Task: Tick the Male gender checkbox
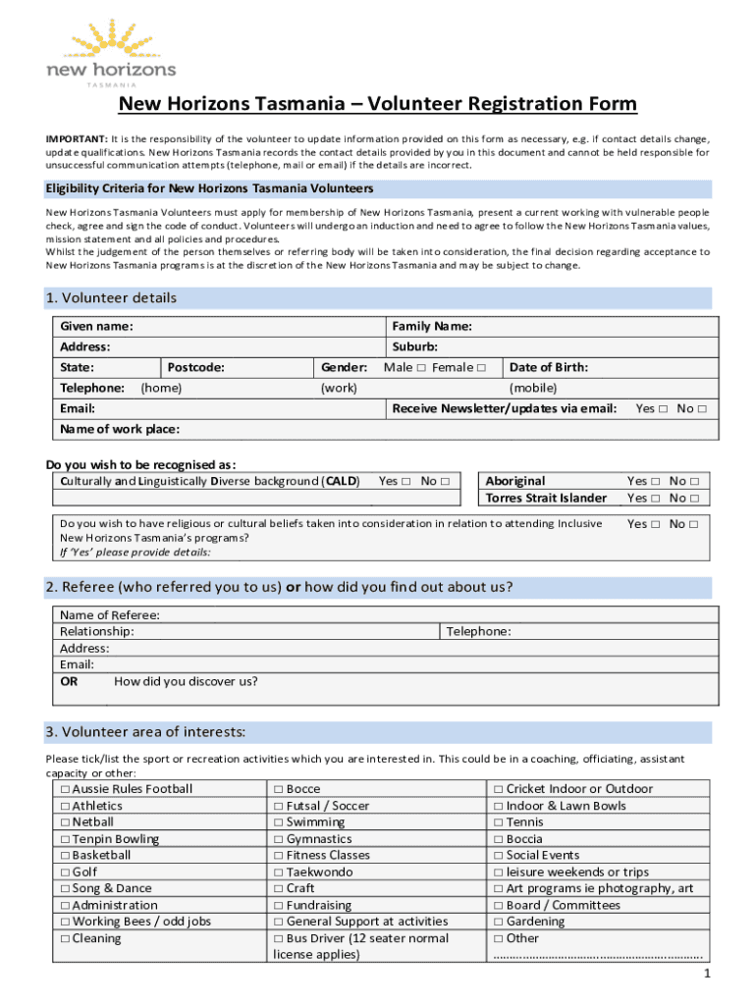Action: pyautogui.click(x=420, y=368)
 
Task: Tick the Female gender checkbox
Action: pyautogui.click(x=481, y=368)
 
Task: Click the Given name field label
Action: pyautogui.click(x=96, y=326)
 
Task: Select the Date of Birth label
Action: pyautogui.click(x=549, y=367)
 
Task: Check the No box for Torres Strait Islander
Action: pyautogui.click(x=693, y=498)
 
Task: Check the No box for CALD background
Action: pyautogui.click(x=445, y=481)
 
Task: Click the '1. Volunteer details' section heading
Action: pyautogui.click(x=111, y=298)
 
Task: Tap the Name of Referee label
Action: pyautogui.click(x=110, y=615)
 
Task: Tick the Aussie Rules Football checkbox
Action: pyautogui.click(x=65, y=789)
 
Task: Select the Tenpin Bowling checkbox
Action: pyautogui.click(x=65, y=839)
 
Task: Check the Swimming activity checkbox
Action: pyautogui.click(x=279, y=822)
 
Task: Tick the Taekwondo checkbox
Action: pyautogui.click(x=279, y=873)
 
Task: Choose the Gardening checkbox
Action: pyautogui.click(x=499, y=922)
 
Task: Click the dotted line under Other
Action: pyautogui.click(x=598, y=955)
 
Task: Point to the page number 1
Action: pyautogui.click(x=706, y=974)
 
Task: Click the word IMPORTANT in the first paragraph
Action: pyautogui.click(x=76, y=139)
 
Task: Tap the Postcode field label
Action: pyautogui.click(x=195, y=367)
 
